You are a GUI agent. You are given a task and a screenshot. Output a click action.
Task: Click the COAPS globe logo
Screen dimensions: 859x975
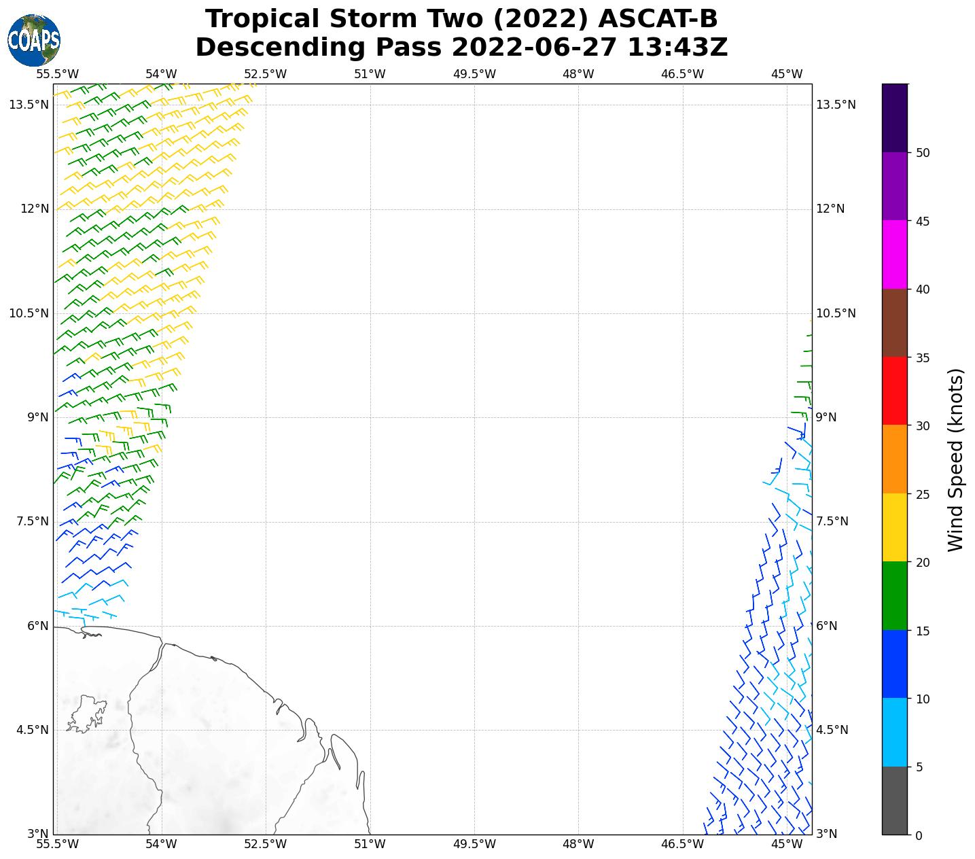click(34, 40)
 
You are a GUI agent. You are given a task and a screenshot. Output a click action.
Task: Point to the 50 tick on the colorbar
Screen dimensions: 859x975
click(923, 153)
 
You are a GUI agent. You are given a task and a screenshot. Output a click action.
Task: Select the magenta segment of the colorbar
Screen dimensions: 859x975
click(894, 254)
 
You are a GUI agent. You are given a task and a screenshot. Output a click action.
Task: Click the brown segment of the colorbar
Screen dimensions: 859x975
click(894, 323)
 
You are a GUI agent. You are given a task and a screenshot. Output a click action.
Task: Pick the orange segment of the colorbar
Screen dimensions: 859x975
click(894, 459)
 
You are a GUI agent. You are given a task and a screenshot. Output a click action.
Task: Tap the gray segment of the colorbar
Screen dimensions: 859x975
click(894, 801)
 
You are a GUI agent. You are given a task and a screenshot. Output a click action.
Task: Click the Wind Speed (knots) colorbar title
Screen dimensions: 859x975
click(955, 459)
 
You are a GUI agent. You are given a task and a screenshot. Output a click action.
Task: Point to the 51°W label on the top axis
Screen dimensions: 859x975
click(370, 74)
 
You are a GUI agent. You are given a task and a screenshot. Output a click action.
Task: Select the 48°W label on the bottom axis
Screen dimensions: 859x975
click(578, 844)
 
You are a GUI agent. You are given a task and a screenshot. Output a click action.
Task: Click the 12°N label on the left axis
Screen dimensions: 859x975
click(35, 209)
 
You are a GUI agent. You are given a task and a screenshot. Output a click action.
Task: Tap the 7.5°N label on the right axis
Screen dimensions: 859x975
click(832, 521)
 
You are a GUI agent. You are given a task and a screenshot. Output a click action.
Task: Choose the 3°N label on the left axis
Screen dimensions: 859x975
click(38, 834)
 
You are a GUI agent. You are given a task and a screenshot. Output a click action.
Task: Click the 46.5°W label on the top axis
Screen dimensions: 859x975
click(682, 74)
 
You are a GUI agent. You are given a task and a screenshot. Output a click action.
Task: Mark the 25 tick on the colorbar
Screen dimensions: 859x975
click(923, 494)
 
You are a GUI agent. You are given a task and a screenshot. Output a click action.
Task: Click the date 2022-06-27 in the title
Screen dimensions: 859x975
click(534, 48)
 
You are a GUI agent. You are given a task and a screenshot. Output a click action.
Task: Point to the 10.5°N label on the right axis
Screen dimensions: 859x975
click(835, 313)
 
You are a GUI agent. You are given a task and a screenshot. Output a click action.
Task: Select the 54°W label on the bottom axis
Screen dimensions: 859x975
click(161, 844)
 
